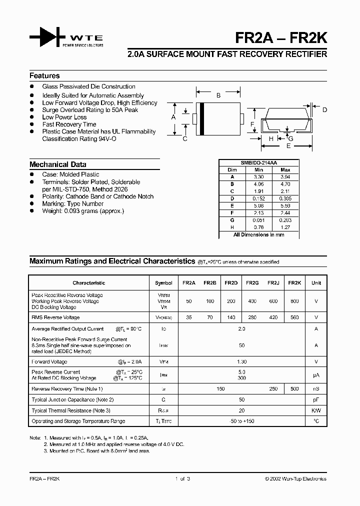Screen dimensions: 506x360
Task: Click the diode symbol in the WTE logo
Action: [47, 37]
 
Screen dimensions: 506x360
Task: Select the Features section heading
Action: [44, 76]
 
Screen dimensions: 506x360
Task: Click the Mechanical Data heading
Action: [57, 164]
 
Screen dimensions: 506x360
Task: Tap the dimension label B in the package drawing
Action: [218, 95]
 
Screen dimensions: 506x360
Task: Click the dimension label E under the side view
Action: [288, 146]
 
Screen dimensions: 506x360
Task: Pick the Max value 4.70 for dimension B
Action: [285, 184]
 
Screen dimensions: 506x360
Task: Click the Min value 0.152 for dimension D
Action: [258, 198]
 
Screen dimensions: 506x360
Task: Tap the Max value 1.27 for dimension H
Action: [285, 227]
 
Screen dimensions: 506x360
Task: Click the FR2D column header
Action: [231, 283]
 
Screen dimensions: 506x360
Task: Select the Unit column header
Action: [316, 283]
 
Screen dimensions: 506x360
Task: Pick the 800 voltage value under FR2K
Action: [294, 301]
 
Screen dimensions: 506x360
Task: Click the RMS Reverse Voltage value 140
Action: [231, 317]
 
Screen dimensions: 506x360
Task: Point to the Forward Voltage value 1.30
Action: [241, 361]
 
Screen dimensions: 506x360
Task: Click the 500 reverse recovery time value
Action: [294, 388]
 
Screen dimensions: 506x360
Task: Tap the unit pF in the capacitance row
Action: [316, 399]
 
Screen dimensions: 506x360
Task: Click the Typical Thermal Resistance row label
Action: [71, 410]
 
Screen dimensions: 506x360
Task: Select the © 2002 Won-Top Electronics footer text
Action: [295, 479]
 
